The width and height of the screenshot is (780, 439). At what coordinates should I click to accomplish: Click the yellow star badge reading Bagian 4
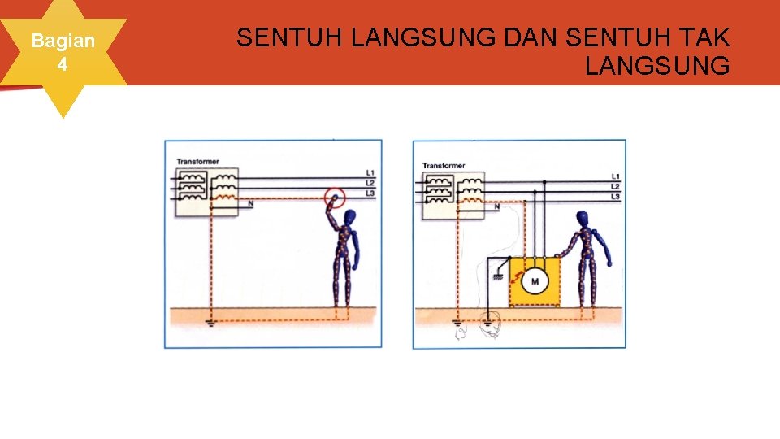[x=63, y=51]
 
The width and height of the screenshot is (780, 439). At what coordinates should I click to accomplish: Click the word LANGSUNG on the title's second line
[x=656, y=67]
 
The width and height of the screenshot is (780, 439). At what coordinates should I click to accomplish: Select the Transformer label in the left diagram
[x=198, y=162]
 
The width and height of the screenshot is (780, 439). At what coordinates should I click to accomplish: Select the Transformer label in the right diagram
[x=444, y=166]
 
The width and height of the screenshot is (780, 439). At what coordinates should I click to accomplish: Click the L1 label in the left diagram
[x=370, y=173]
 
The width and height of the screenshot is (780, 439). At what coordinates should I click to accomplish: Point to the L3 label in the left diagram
[x=370, y=193]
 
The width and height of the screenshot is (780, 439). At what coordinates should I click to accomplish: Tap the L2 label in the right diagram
[x=615, y=186]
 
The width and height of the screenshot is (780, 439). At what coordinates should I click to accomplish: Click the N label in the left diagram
[x=250, y=203]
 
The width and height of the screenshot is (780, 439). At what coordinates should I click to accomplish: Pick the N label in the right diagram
[x=496, y=206]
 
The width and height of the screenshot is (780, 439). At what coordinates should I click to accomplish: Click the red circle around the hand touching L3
[x=335, y=197]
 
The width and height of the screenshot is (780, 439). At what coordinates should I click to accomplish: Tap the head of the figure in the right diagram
[x=583, y=220]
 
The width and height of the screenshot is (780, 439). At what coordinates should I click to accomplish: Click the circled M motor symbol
[x=535, y=281]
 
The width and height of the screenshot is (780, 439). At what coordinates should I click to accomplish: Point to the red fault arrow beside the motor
[x=515, y=278]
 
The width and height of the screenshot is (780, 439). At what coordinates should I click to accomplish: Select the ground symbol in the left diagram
[x=211, y=323]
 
